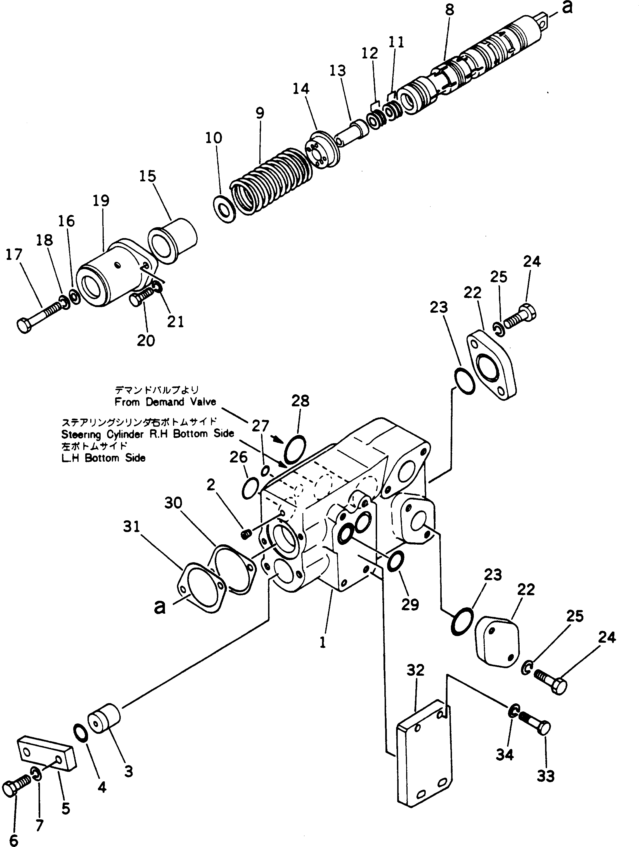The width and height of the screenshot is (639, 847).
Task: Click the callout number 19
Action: coord(101,201)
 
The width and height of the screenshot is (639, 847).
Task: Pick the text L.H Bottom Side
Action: coord(103,458)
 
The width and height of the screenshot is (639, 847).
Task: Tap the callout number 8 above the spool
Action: coord(449,10)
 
